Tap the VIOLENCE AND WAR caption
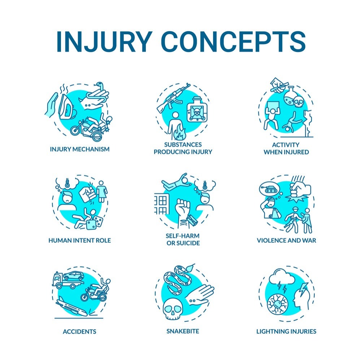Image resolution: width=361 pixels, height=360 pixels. [286, 240]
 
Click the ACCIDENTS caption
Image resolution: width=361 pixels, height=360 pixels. [74, 331]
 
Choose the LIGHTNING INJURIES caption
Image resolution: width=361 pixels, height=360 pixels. [286, 331]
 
